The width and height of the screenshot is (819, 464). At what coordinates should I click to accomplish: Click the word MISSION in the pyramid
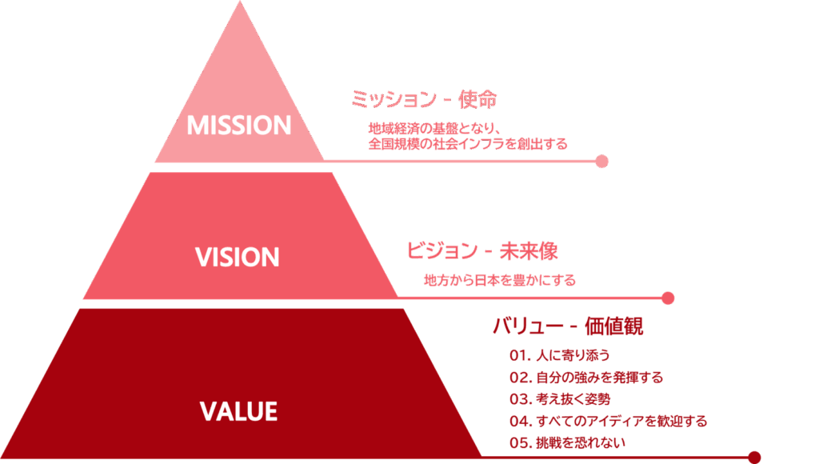tap(238, 126)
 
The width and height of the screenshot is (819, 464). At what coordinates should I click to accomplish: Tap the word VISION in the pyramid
tap(238, 257)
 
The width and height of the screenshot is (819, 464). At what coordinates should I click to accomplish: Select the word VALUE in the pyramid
tap(238, 411)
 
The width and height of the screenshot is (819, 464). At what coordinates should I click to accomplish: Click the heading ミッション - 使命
tap(424, 100)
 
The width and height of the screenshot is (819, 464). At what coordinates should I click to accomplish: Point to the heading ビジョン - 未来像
tap(482, 251)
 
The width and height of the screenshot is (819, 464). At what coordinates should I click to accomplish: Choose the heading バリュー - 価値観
tap(567, 326)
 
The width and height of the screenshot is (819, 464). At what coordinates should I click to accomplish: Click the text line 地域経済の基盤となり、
tap(434, 128)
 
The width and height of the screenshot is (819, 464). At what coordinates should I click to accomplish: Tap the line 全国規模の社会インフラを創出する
tap(468, 144)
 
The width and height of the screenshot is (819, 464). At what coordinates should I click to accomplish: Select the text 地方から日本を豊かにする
tap(500, 281)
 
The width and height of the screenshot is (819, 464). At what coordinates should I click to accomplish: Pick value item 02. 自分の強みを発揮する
tap(586, 377)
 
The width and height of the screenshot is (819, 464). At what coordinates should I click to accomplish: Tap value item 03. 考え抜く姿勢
tap(565, 398)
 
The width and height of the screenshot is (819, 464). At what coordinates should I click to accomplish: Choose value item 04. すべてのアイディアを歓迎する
tap(608, 421)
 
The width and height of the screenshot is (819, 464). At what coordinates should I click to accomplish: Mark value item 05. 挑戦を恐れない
tap(567, 442)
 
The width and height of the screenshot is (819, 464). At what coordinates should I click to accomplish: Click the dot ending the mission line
tap(602, 162)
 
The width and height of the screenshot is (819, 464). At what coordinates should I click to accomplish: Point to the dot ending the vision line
tap(669, 298)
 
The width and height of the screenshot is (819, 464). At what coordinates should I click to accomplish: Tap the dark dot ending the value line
tap(753, 458)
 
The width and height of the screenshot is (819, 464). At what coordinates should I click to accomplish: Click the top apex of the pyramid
tap(239, 5)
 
